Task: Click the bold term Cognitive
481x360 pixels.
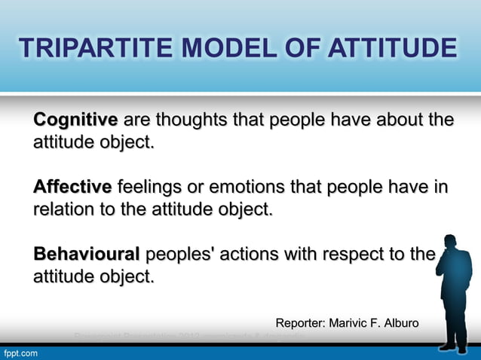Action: click(75, 121)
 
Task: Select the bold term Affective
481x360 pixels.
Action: click(72, 186)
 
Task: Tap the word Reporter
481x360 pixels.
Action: click(300, 324)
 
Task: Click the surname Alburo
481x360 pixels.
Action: click(400, 324)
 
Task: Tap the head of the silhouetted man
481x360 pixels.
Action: click(452, 244)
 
